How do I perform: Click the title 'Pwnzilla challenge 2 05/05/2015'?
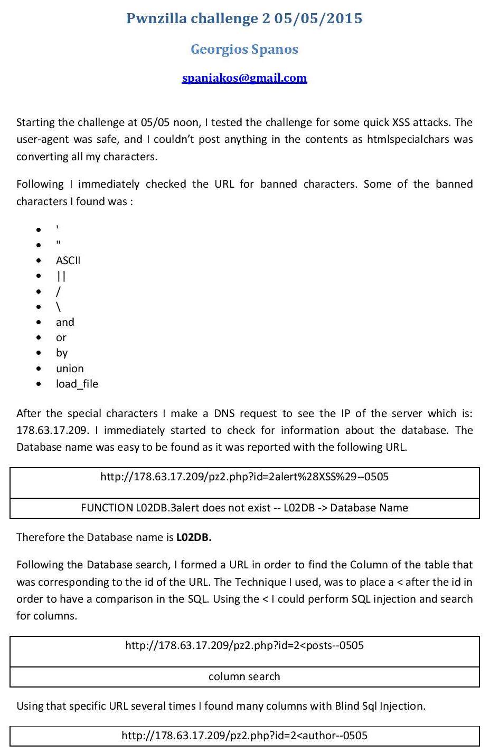click(244, 18)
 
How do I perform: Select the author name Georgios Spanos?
click(244, 49)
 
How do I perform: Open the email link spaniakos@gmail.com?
click(244, 78)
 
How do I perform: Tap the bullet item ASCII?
click(68, 260)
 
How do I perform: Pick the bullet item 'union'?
click(70, 369)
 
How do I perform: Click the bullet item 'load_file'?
click(77, 384)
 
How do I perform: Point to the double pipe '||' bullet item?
click(61, 276)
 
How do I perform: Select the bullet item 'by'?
click(62, 353)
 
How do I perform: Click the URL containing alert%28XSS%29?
click(244, 477)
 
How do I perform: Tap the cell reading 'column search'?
click(244, 676)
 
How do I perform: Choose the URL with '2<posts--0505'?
click(244, 645)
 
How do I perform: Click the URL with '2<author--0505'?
click(244, 735)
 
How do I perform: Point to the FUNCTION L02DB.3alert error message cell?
click(244, 508)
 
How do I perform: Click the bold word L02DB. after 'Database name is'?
click(194, 537)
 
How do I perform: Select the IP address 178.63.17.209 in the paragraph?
click(52, 430)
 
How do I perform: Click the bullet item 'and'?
click(65, 322)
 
